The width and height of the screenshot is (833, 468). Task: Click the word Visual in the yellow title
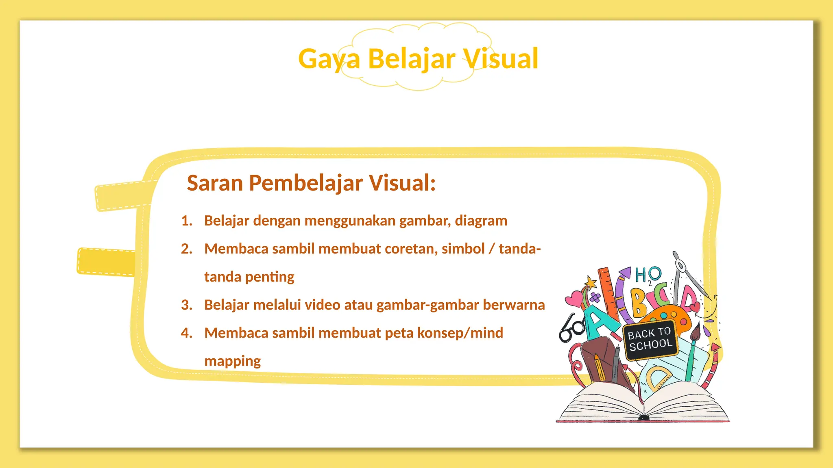pyautogui.click(x=501, y=59)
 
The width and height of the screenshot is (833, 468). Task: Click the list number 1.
pyautogui.click(x=187, y=221)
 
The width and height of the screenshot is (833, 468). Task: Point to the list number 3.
pyautogui.click(x=187, y=305)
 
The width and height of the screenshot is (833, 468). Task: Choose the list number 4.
pyautogui.click(x=187, y=333)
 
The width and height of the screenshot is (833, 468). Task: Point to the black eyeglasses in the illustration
pyautogui.click(x=571, y=328)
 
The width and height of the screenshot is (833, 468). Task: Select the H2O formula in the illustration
pyautogui.click(x=648, y=276)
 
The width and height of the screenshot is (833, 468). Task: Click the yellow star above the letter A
pyautogui.click(x=590, y=282)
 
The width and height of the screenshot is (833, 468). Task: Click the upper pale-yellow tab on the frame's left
pyautogui.click(x=122, y=196)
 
